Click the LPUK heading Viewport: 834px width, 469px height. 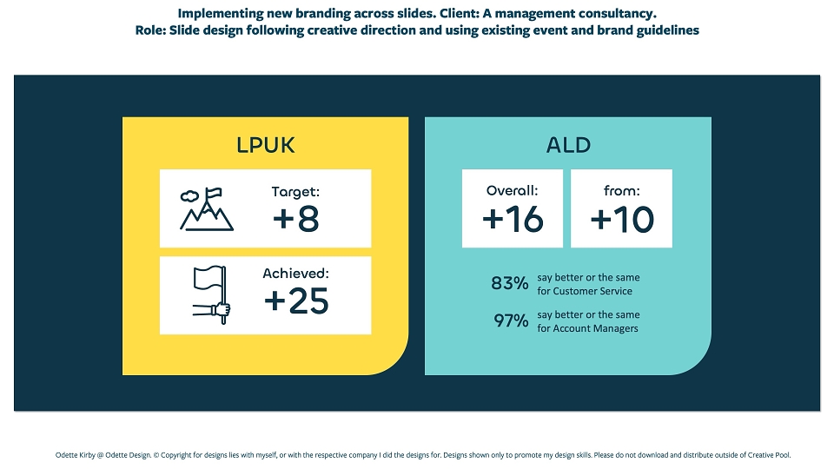pos(266,145)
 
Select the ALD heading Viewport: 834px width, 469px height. pos(568,145)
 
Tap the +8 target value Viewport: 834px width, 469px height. pos(295,219)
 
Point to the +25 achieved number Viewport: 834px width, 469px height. pos(296,301)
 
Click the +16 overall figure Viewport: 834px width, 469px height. pos(513,219)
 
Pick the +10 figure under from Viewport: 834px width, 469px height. pos(622,219)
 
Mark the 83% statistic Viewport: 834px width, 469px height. pos(510,283)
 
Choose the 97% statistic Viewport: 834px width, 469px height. pos(511,320)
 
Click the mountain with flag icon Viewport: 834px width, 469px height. pos(207,209)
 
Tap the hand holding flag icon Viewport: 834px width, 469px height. pos(212,294)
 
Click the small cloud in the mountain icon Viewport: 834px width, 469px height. pos(189,196)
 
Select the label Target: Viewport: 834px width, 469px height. pos(295,192)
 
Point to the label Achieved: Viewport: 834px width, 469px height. pos(295,274)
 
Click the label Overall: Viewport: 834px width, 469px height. pos(513,190)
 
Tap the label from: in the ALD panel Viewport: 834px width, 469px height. pos(622,190)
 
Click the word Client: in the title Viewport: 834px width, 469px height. pos(459,13)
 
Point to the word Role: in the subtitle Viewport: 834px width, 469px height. pos(150,30)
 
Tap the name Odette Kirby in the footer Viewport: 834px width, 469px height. pos(75,455)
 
